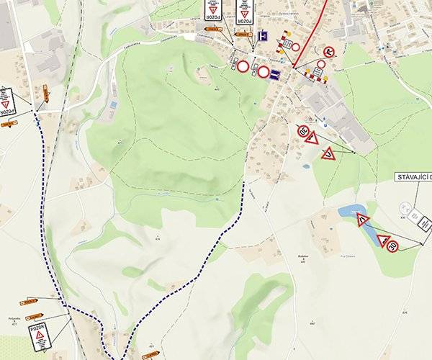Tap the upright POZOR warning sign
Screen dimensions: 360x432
40,338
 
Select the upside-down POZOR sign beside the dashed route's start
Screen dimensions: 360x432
6,102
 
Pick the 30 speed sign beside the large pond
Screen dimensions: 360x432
392,246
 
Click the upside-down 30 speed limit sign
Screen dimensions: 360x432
303,131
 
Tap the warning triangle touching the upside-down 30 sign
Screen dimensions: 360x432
312,138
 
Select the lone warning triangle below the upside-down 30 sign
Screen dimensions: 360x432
328,153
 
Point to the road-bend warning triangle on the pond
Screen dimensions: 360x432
363,220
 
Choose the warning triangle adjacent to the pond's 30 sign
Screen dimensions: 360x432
382,240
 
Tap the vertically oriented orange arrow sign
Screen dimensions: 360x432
45,92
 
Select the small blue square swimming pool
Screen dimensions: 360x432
113,104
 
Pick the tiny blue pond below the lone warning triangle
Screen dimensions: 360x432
306,166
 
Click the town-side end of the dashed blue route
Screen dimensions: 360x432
244,184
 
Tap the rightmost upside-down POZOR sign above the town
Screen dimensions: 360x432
245,12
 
